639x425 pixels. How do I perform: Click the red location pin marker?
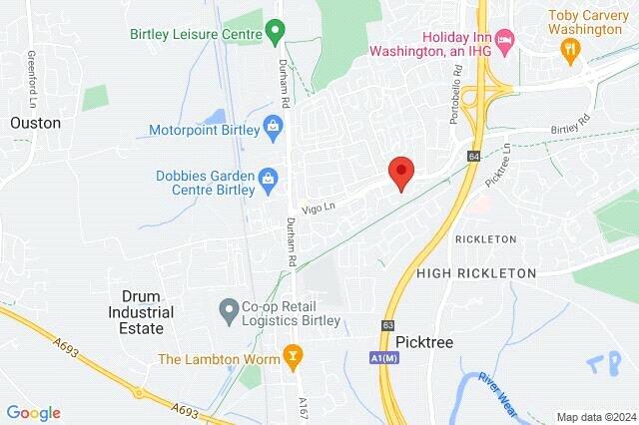[x=400, y=172]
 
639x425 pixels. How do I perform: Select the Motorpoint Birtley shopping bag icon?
[x=273, y=128]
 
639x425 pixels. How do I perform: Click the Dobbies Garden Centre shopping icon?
[x=267, y=180]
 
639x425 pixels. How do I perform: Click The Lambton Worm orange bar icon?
[x=293, y=354]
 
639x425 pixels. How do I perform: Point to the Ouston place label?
[x=35, y=123]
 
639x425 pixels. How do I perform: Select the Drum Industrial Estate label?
[x=147, y=304]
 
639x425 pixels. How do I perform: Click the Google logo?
[x=33, y=413]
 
